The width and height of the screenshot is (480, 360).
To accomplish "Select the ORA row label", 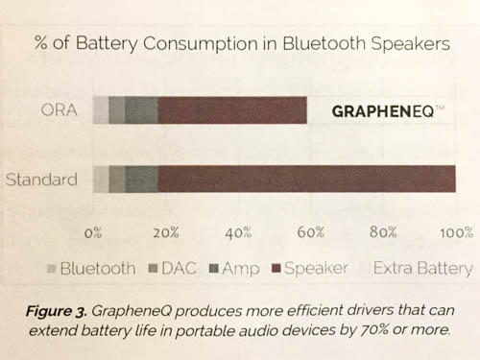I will tap(60, 110).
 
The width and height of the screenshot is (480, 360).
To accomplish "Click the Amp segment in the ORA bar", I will tap(142, 110).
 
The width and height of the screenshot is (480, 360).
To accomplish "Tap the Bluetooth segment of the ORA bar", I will tap(101, 110).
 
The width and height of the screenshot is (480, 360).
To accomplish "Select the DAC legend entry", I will tap(174, 269).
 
